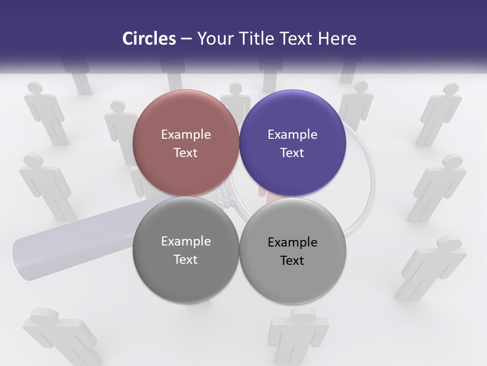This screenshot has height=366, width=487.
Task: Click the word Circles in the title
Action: click(x=149, y=39)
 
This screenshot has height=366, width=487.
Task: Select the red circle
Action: click(x=186, y=143)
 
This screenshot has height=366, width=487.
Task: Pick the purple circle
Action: click(x=293, y=143)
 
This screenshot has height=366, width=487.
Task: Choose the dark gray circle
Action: click(x=186, y=250)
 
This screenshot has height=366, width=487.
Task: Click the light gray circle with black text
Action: click(x=293, y=251)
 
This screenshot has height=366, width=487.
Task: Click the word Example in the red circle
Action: click(x=186, y=134)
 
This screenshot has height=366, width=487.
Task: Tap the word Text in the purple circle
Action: click(x=292, y=152)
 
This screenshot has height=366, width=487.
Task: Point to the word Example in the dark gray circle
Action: click(x=186, y=241)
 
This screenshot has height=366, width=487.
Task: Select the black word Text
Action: click(x=292, y=260)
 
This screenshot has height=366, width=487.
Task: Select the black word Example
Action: click(x=292, y=242)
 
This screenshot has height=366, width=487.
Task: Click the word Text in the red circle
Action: click(x=186, y=152)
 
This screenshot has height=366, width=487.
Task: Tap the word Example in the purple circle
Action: click(x=292, y=134)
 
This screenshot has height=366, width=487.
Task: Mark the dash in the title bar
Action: click(x=186, y=39)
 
